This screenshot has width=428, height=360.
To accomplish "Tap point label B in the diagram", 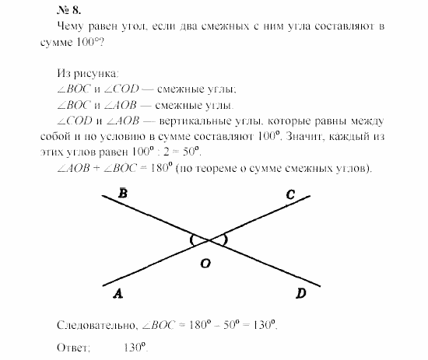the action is [123, 193].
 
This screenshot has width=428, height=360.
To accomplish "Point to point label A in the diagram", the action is [117, 293].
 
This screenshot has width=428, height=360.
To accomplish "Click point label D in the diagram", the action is [300, 292].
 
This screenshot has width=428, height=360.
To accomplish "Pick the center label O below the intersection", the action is [205, 264].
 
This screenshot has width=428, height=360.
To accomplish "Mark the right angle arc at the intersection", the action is [225, 239].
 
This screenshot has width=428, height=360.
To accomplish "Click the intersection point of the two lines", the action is [209, 239].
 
